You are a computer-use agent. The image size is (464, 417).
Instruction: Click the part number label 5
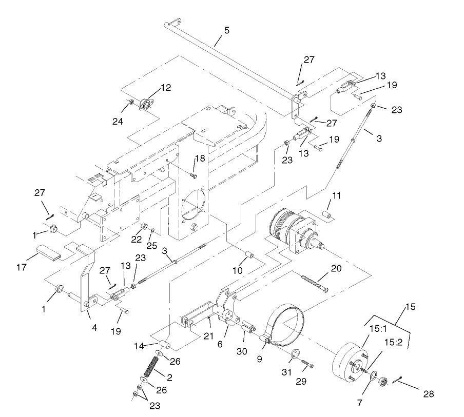(x=227, y=30)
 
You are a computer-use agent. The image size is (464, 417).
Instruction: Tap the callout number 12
(x=166, y=88)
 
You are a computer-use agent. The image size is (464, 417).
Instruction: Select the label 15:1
(x=378, y=329)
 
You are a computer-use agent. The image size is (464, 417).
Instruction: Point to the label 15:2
(x=394, y=342)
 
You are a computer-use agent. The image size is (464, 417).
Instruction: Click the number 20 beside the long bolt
(x=336, y=268)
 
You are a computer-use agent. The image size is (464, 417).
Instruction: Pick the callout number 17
(x=22, y=267)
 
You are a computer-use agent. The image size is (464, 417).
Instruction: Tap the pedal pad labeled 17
(x=49, y=253)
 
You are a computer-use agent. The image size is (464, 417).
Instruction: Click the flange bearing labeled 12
(x=145, y=105)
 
